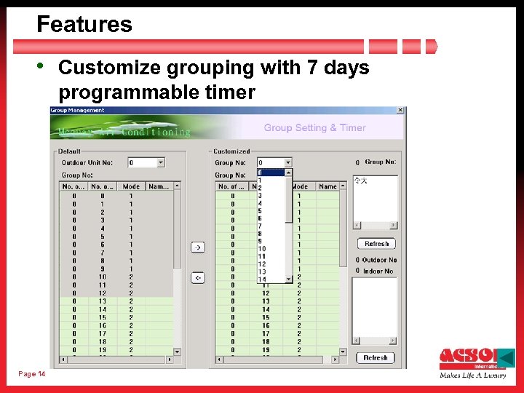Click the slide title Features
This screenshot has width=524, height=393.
click(84, 25)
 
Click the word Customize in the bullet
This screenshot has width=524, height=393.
click(110, 68)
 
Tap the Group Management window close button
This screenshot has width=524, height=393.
click(400, 111)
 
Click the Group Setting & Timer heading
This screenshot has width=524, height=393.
click(314, 128)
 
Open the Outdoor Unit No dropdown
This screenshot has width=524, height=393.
click(161, 162)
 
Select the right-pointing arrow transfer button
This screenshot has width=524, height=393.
click(197, 247)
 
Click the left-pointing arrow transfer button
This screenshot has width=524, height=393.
click(197, 277)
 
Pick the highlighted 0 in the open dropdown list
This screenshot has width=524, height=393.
click(271, 173)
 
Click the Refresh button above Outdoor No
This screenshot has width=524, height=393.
click(376, 244)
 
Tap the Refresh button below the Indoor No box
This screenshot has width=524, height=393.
click(376, 358)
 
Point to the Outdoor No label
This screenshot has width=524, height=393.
click(379, 260)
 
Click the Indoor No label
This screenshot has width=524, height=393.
click(378, 271)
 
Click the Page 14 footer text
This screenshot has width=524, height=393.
click(32, 374)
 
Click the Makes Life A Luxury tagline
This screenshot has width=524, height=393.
click(472, 376)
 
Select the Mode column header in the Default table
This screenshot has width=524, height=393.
click(131, 187)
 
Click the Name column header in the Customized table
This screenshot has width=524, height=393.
click(328, 187)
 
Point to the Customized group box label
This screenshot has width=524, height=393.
click(231, 151)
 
